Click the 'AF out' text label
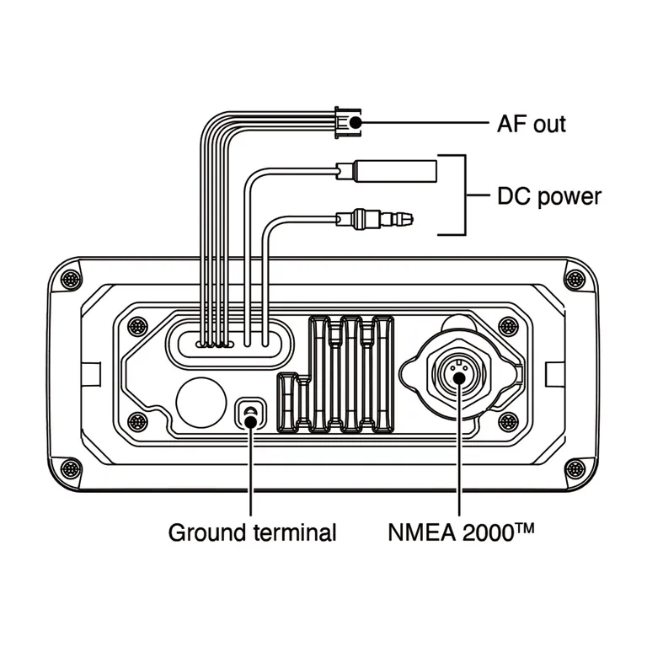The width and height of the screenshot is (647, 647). point(532,124)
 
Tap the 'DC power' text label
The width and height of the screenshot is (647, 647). point(548,197)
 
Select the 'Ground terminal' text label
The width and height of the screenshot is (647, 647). point(253,533)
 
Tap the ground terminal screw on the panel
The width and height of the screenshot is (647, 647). point(251,413)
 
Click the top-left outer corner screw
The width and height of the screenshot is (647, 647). point(71,279)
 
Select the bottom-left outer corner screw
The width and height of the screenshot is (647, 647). point(71,468)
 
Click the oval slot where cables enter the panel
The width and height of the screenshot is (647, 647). point(229,342)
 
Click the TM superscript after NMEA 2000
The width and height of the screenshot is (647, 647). point(527,527)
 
